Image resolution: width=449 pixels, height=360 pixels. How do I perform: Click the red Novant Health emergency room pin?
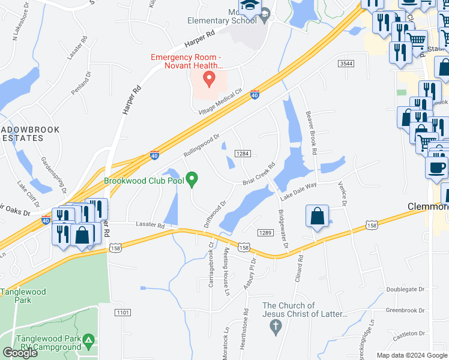pos(209,78)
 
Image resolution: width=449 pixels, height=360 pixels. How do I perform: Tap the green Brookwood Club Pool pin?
pos(192,178)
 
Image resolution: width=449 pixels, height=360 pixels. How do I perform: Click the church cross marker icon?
pos(276,328)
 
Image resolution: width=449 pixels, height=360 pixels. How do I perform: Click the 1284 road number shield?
pos(243,154)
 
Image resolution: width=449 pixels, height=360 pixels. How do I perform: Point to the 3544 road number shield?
pos(346,63)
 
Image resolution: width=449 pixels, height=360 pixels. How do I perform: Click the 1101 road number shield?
pos(123,313)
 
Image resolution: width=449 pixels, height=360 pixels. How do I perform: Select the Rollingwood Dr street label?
pos(201,145)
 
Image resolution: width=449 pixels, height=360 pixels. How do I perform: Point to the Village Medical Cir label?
pos(220,103)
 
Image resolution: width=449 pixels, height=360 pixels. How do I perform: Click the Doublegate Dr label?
pos(405,289)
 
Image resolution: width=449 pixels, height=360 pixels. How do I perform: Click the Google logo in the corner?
pos(20,353)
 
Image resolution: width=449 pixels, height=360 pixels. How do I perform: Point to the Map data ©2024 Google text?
pos(412,355)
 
